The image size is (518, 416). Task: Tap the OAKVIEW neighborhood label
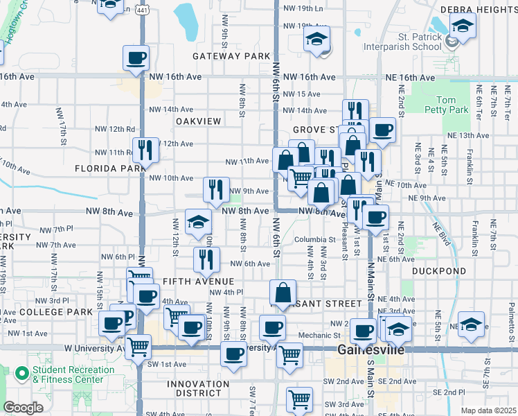pyautogui.click(x=198, y=121)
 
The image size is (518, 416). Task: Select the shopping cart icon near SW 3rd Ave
pyautogui.click(x=300, y=399)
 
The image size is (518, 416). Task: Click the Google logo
pyautogui.click(x=23, y=408)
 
